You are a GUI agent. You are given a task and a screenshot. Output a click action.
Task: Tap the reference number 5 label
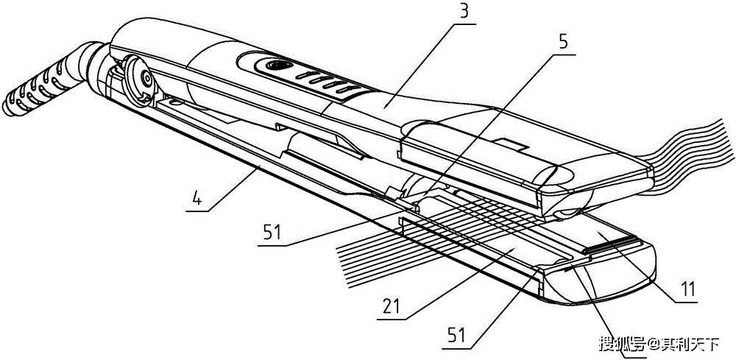(563, 42)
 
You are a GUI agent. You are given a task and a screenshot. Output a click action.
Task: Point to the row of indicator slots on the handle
(324, 85)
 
